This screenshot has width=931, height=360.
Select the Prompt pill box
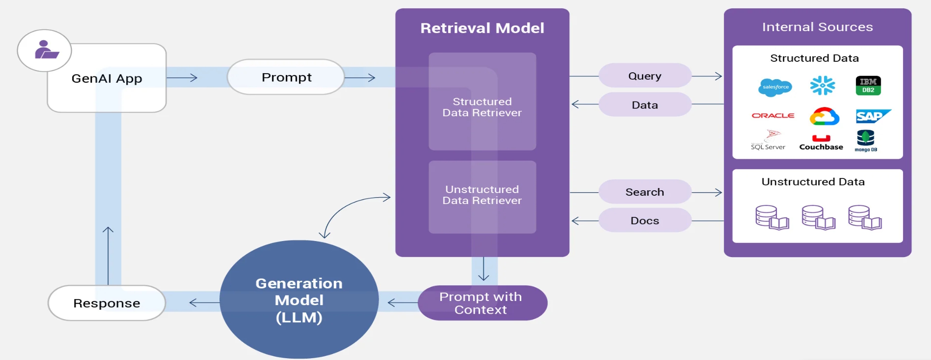pyautogui.click(x=286, y=77)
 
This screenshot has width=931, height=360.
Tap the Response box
pyautogui.click(x=107, y=303)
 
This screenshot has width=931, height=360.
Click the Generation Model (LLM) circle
pyautogui.click(x=299, y=300)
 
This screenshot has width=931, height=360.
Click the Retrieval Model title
pyautogui.click(x=482, y=28)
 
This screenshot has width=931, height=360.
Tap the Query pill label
pyautogui.click(x=645, y=76)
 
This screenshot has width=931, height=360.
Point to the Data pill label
pyautogui.click(x=645, y=105)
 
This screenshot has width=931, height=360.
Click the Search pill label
pyautogui.click(x=645, y=192)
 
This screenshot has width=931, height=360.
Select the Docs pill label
pyautogui.click(x=645, y=220)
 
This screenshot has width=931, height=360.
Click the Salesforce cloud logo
pyautogui.click(x=775, y=87)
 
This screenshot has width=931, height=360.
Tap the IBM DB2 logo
pyautogui.click(x=868, y=86)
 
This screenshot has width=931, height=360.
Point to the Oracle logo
pyautogui.click(x=773, y=116)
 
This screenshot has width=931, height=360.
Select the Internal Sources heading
pyautogui.click(x=817, y=27)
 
